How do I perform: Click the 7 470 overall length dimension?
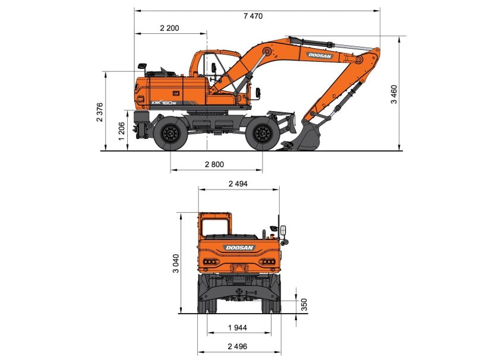(x=252, y=16)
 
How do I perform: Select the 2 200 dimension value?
(x=169, y=28)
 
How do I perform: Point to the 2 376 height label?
(x=100, y=112)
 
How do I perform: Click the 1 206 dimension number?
(x=122, y=131)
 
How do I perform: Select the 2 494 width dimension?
(x=238, y=184)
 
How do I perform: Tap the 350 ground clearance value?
(x=304, y=304)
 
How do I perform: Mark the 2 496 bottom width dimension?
(x=238, y=346)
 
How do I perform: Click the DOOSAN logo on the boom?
(x=320, y=55)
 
